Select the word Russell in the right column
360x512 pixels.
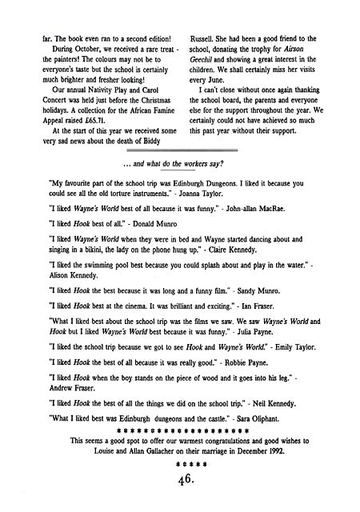pyautogui.click(x=202, y=38)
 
